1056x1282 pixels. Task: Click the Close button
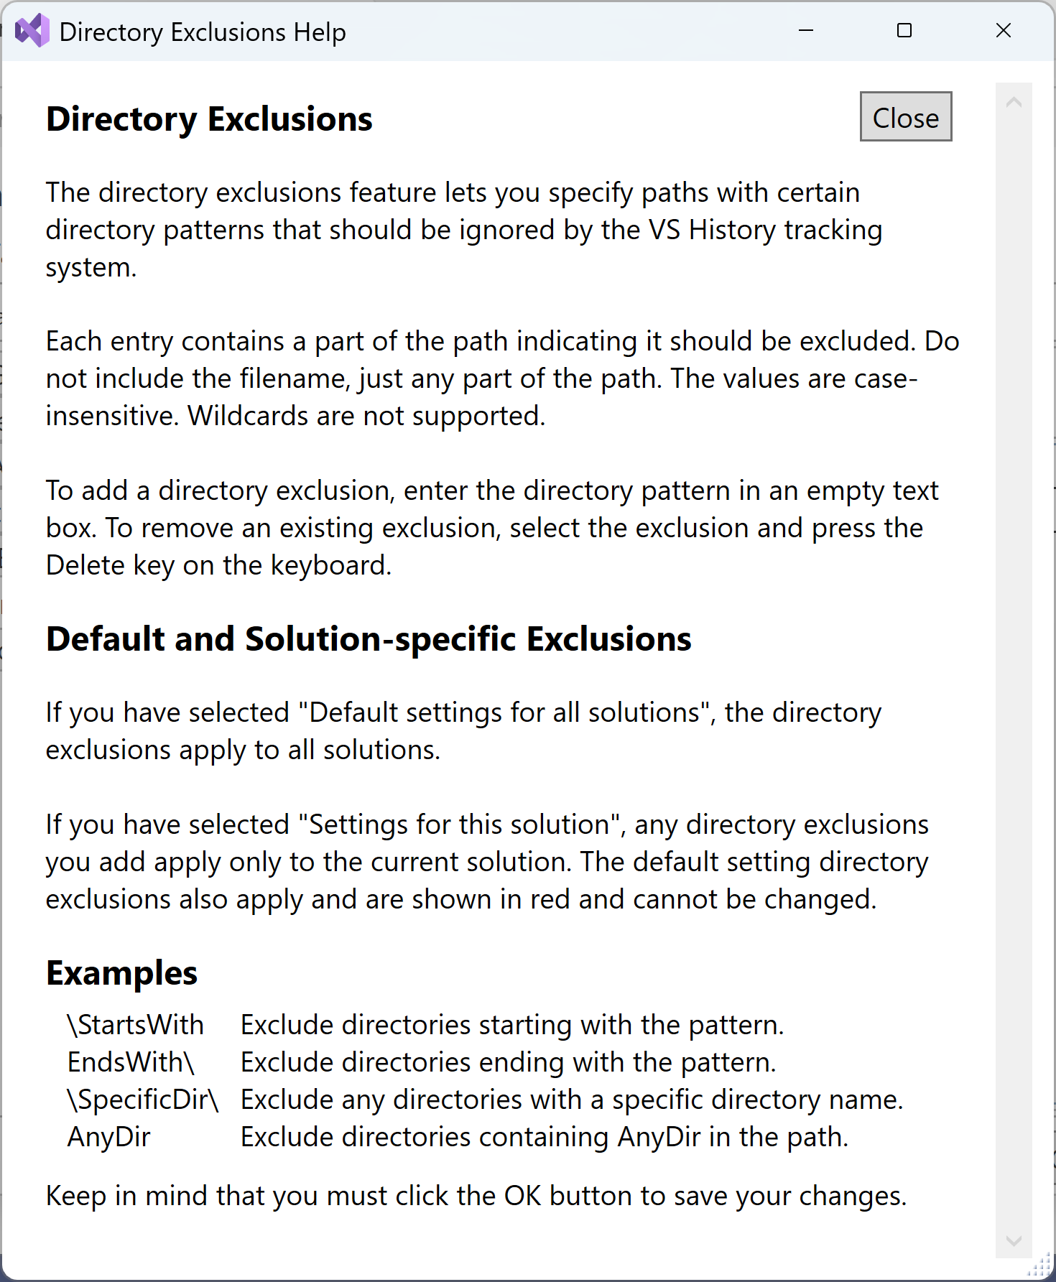click(x=905, y=117)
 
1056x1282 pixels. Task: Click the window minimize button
click(x=806, y=31)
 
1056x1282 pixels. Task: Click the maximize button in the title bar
click(x=904, y=31)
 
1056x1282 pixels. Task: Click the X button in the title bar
click(x=1004, y=31)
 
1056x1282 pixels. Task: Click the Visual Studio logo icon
click(x=32, y=31)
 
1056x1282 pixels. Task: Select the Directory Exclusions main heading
click(x=209, y=119)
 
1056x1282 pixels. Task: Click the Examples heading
click(x=121, y=974)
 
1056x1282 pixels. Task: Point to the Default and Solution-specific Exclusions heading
click(x=369, y=639)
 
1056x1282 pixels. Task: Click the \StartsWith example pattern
click(x=136, y=1025)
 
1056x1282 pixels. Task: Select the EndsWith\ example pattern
click(x=131, y=1062)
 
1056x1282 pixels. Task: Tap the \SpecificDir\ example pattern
click(x=143, y=1100)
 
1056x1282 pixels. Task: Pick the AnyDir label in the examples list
click(x=109, y=1137)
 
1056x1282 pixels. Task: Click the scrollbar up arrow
click(x=1014, y=103)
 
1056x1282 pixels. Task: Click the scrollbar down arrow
click(x=1014, y=1240)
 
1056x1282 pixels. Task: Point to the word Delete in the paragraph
click(x=85, y=565)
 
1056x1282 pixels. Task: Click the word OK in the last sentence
click(x=522, y=1196)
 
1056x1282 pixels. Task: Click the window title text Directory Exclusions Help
click(x=203, y=32)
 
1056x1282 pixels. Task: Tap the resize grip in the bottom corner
click(x=1042, y=1268)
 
